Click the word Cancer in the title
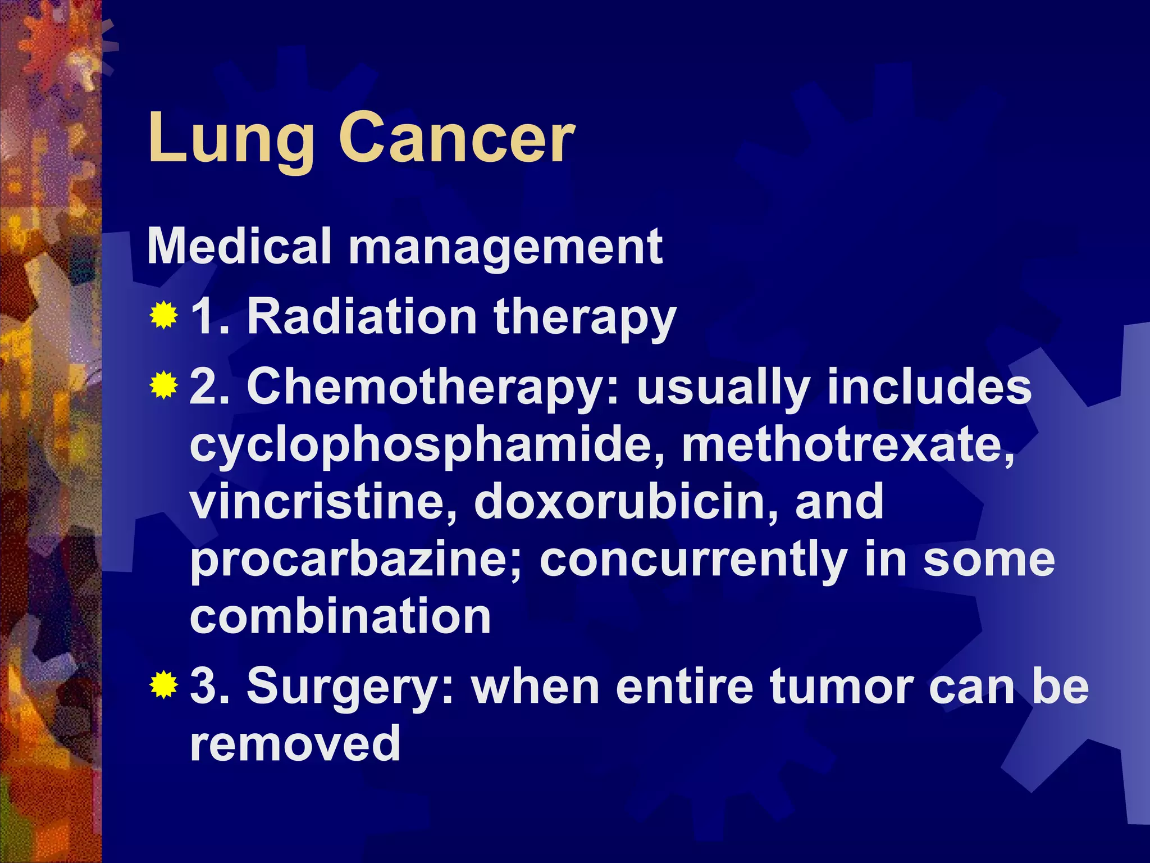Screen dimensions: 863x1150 tap(457, 138)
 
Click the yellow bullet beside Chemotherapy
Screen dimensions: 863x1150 tap(163, 385)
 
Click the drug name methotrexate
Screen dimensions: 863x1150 tap(848, 444)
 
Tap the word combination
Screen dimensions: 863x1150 tap(340, 616)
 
